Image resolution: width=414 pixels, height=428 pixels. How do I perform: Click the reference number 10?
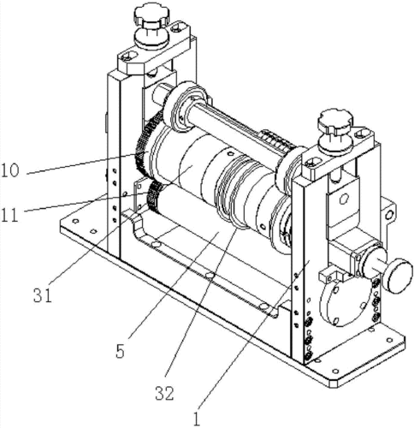tap(10, 170)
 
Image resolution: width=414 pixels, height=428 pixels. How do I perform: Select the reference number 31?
tap(43, 295)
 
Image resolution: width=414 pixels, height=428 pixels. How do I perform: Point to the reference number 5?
tap(121, 351)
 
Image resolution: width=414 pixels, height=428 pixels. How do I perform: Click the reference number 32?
tap(164, 393)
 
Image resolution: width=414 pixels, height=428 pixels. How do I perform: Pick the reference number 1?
tap(197, 419)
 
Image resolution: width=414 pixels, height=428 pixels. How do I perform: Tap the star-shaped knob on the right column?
tap(336, 121)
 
